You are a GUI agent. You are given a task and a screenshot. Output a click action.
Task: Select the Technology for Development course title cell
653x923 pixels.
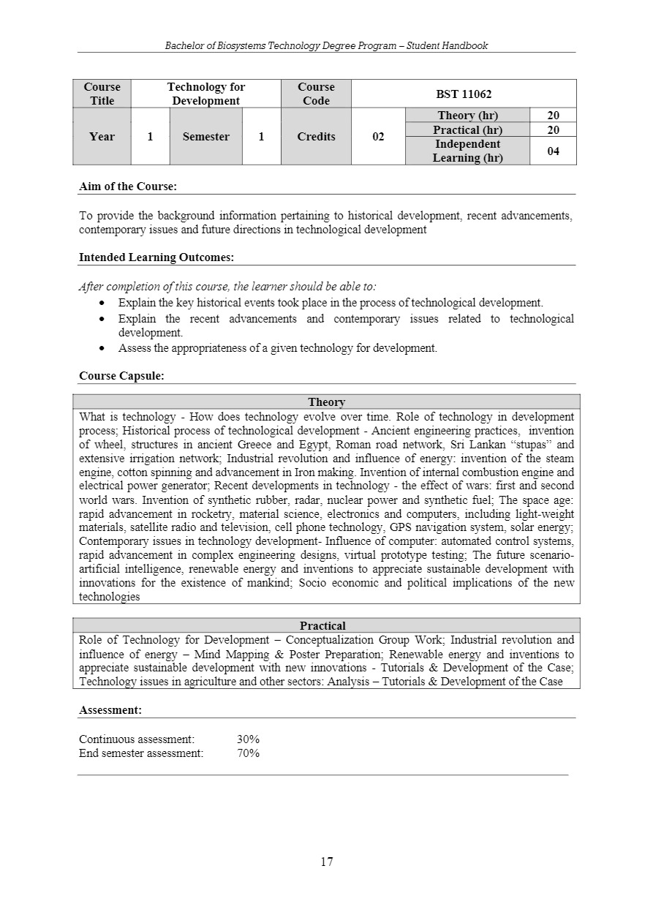[206, 94]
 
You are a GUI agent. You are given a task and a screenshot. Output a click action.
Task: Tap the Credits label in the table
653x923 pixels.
[316, 137]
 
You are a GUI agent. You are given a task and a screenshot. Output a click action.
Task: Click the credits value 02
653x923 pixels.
[378, 137]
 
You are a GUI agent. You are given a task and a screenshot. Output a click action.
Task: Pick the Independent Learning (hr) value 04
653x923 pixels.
[553, 151]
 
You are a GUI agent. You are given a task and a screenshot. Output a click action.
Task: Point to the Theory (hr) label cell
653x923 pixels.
[467, 116]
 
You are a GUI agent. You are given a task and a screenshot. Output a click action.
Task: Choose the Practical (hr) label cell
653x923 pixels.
[467, 129]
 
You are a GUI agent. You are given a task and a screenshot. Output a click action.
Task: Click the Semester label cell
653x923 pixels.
[205, 137]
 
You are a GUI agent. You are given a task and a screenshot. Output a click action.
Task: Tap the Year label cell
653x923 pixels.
[102, 137]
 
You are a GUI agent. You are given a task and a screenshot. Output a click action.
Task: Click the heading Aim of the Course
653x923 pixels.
[128, 187]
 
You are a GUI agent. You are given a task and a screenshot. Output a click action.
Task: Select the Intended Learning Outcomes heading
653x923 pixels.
[156, 257]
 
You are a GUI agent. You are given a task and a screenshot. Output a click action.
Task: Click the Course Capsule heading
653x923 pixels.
[121, 376]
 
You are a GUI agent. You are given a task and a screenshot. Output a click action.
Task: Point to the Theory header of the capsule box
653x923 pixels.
[326, 402]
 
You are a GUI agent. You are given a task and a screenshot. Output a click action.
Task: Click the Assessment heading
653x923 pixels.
[110, 709]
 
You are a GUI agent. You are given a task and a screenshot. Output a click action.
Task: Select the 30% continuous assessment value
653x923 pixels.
[248, 739]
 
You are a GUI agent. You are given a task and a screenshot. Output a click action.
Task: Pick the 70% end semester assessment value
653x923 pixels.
[248, 753]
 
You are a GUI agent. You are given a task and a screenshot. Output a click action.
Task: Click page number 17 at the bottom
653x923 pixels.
[326, 862]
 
